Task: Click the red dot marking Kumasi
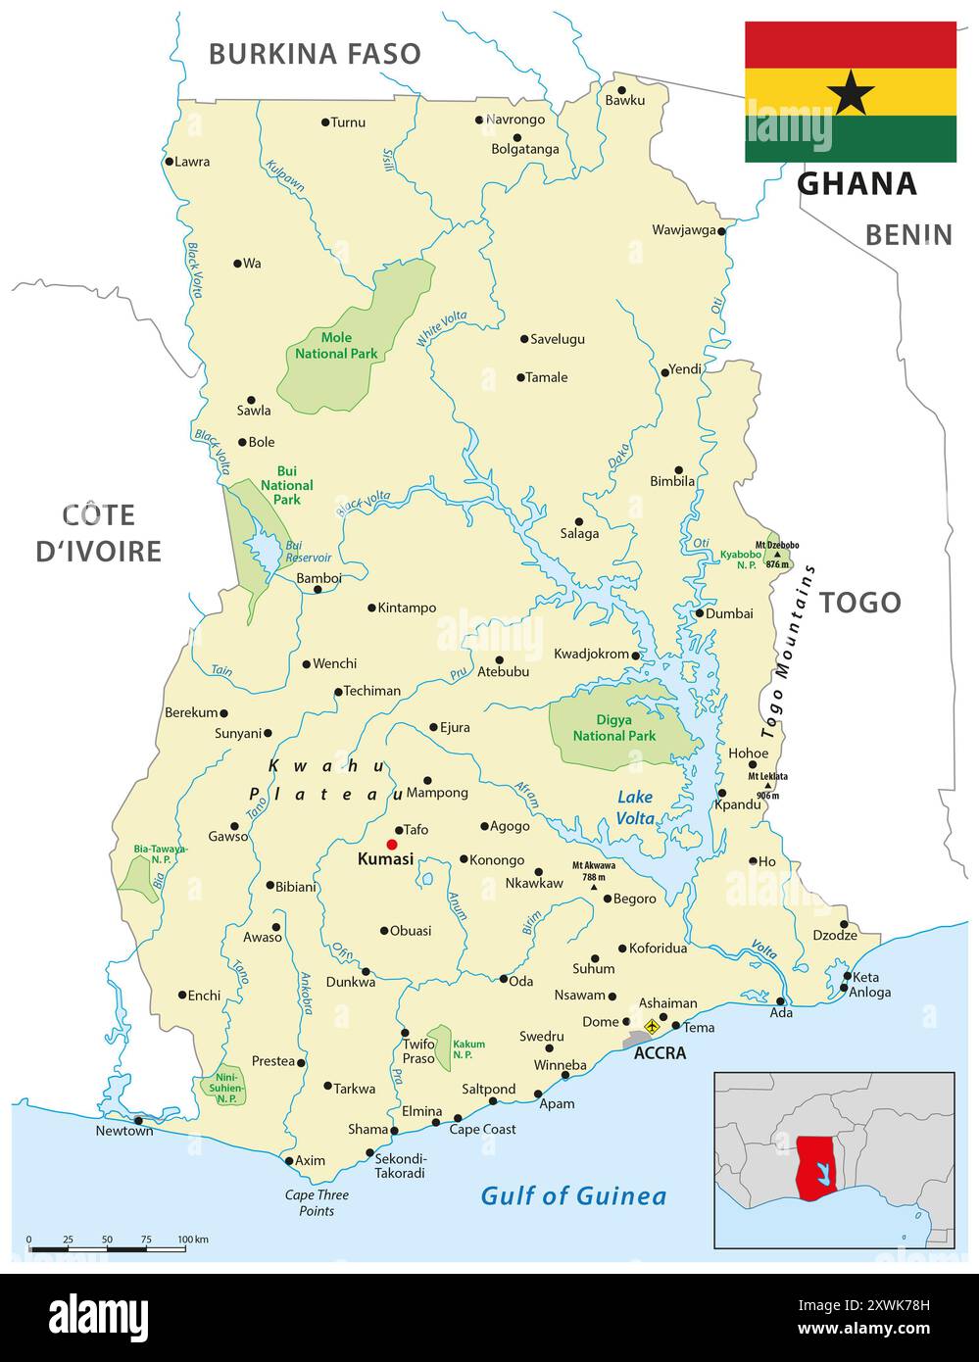point(392,845)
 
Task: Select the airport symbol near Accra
point(652,1026)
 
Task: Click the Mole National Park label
point(336,346)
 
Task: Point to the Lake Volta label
point(635,807)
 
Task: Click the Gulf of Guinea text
point(573,1195)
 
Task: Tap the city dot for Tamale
point(521,377)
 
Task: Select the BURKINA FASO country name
point(315,53)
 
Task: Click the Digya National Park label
point(614,728)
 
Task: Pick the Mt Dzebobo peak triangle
point(777,554)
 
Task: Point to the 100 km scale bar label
point(193,1240)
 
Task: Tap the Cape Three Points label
point(317,1203)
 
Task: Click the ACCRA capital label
point(660,1054)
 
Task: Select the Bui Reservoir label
point(308,552)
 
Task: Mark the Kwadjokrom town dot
point(636,656)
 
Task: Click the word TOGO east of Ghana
point(859,603)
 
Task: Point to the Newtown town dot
point(138,1120)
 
